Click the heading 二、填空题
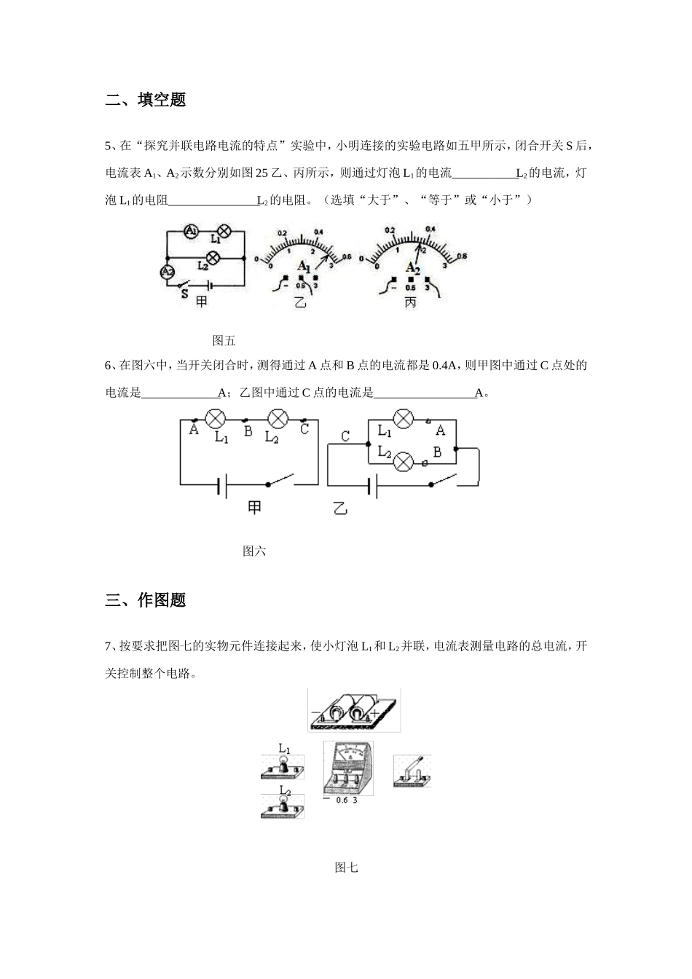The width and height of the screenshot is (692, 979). [x=146, y=100]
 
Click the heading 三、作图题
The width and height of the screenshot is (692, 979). [x=146, y=600]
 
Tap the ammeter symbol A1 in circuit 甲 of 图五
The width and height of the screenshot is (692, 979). [x=190, y=232]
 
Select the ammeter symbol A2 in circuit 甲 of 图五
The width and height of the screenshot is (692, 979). [x=167, y=272]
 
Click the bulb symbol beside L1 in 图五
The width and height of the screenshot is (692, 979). [x=225, y=232]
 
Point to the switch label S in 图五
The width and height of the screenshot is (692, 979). [x=184, y=294]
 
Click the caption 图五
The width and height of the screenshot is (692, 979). [x=224, y=340]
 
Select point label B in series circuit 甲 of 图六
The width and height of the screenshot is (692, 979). [x=248, y=431]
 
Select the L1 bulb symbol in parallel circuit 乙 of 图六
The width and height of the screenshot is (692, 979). [x=403, y=420]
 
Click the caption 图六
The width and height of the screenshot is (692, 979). [x=254, y=551]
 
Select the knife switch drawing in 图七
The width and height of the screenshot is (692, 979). [x=412, y=771]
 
